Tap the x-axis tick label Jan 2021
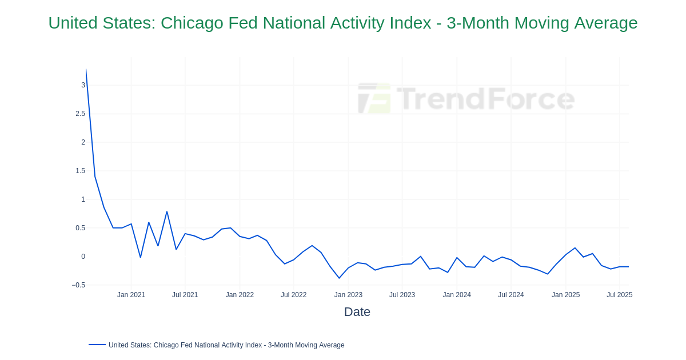coord(131,295)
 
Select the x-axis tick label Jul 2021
coord(185,295)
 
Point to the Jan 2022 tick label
coord(240,295)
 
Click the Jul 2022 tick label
coord(293,295)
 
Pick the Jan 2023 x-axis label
coord(348,295)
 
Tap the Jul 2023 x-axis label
coord(402,295)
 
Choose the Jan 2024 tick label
coord(457,295)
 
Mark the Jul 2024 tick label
coord(510,295)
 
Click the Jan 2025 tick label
coord(565,295)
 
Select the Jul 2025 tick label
coord(619,295)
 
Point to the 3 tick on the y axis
coord(83,85)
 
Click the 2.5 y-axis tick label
coord(80,114)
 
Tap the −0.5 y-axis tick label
coord(78,285)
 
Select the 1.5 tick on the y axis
coord(80,171)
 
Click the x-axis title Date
coord(357,312)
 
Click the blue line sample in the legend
coord(97,345)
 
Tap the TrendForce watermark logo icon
coord(374,98)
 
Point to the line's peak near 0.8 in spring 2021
coord(167,212)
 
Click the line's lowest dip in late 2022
coord(339,278)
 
